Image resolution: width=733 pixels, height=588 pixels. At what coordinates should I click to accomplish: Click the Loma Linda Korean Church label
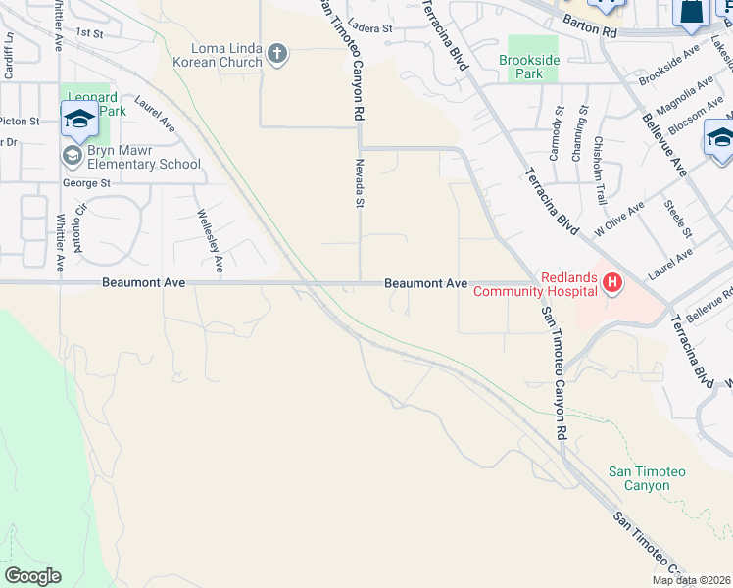(x=218, y=55)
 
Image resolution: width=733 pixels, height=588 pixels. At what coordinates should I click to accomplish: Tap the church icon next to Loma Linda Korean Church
(x=277, y=53)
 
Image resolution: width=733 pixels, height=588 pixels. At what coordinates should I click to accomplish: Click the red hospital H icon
(x=612, y=284)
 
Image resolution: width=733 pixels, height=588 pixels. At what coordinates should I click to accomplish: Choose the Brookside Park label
(x=534, y=67)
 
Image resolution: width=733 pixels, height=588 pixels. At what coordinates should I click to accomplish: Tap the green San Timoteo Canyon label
(x=647, y=478)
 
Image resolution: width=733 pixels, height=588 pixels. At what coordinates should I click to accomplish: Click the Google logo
(x=32, y=576)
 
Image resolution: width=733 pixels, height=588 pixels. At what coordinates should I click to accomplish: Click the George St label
(x=86, y=183)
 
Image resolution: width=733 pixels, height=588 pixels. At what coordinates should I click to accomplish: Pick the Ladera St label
(x=368, y=29)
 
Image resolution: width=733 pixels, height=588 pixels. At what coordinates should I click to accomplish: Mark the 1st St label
(x=89, y=32)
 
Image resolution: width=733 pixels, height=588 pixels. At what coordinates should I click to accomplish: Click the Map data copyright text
(x=692, y=580)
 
